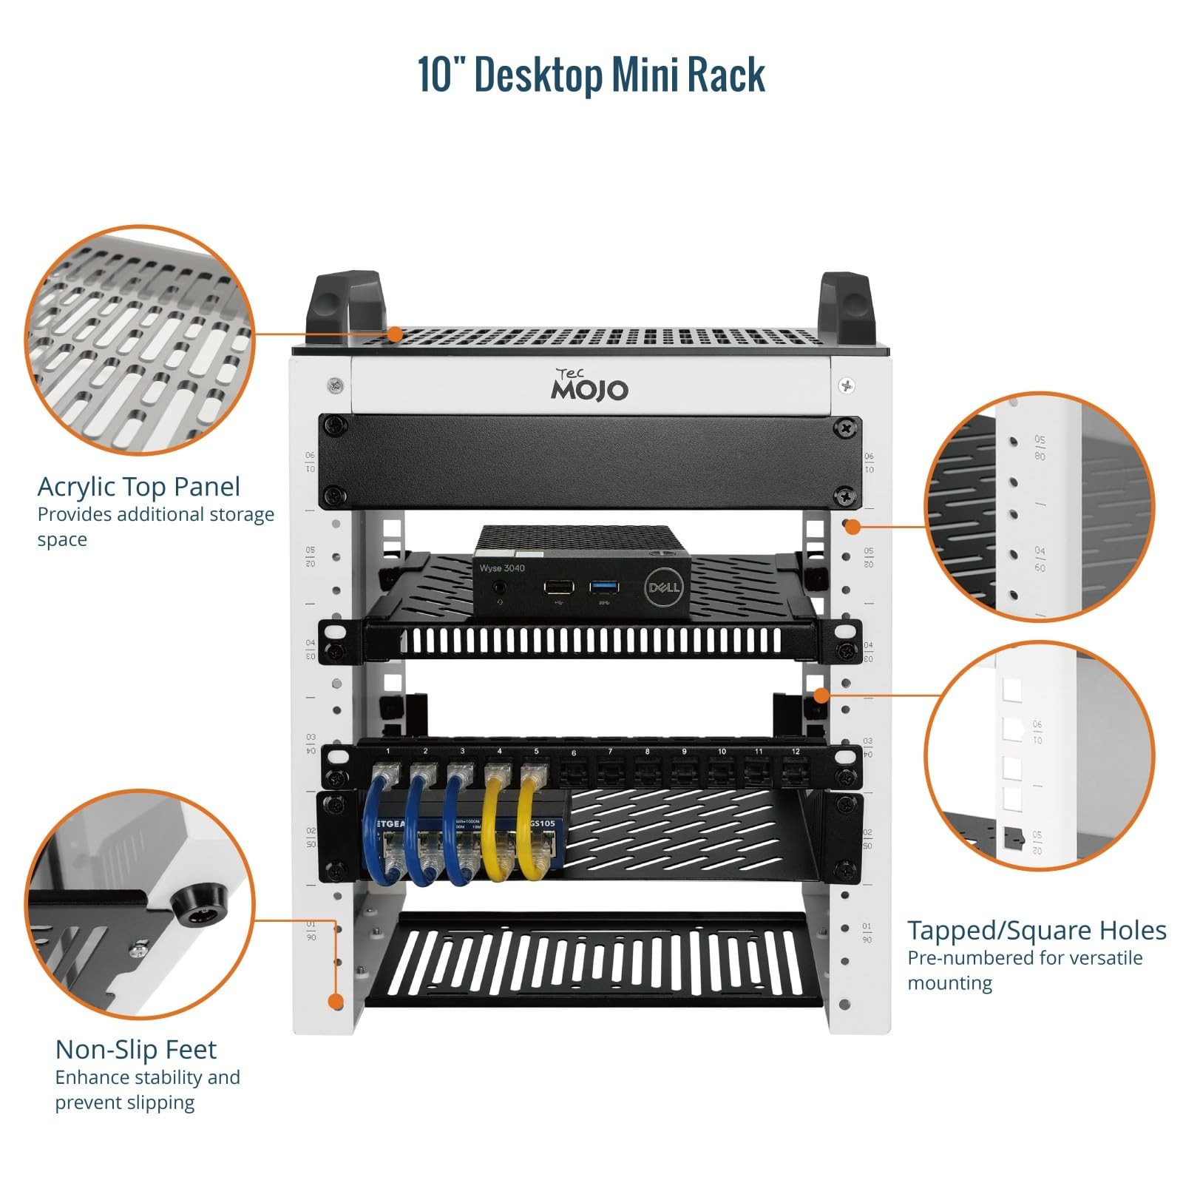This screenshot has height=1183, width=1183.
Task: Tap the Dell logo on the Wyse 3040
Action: pos(664,587)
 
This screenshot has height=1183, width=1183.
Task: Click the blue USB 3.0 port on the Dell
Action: pos(604,587)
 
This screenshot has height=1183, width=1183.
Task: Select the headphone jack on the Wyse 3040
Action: pos(501,588)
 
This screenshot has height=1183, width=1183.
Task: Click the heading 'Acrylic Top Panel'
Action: pos(139,487)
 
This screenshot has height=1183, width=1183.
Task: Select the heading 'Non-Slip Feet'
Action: pos(135,1049)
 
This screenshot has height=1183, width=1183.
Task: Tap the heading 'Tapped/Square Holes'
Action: pos(1037,930)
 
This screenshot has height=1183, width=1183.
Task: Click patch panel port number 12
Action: pos(794,772)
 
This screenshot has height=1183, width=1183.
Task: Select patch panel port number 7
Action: pos(609,772)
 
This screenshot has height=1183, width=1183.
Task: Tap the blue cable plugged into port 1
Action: pos(384,821)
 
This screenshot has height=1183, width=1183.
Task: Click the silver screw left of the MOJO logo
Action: pos(335,385)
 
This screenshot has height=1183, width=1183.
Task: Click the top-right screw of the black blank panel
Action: pos(845,427)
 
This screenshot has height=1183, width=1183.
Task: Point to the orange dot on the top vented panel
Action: pos(395,334)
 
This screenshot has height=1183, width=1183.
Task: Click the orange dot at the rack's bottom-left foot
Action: pos(336,1002)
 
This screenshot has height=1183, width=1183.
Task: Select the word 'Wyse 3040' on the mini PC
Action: pos(502,568)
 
